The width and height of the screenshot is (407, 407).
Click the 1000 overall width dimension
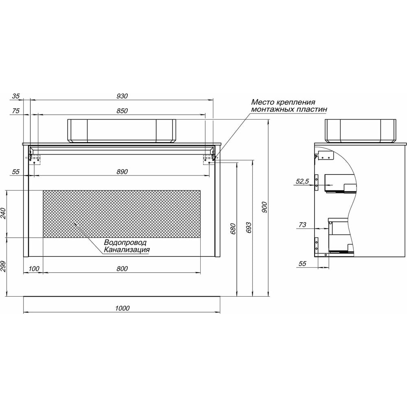(122, 308)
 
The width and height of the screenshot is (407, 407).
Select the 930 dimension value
(122, 96)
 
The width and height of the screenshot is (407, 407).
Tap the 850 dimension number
(122, 111)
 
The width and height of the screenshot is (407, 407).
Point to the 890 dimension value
(122, 172)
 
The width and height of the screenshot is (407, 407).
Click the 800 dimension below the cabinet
(122, 269)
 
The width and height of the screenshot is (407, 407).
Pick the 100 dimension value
(34, 269)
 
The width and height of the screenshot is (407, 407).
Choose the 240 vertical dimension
(3, 213)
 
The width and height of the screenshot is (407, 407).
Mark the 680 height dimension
(233, 229)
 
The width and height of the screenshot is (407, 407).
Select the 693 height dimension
(248, 228)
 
